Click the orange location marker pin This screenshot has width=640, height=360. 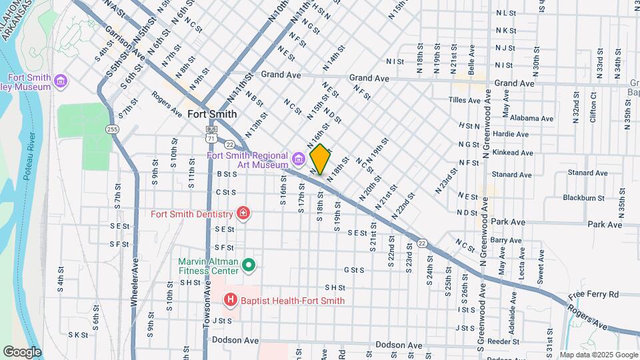point(320,159)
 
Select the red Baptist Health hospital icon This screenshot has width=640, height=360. point(231,300)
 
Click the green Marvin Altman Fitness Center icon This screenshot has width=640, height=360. point(249,266)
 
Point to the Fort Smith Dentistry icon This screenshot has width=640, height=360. point(243,214)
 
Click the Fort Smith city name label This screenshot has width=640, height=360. point(212,114)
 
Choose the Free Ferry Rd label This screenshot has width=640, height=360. point(593,294)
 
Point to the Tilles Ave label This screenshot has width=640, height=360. point(465,101)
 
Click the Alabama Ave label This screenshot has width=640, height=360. point(532,118)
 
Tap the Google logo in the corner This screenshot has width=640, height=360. point(22,352)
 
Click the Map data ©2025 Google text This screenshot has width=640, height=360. point(598,355)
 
